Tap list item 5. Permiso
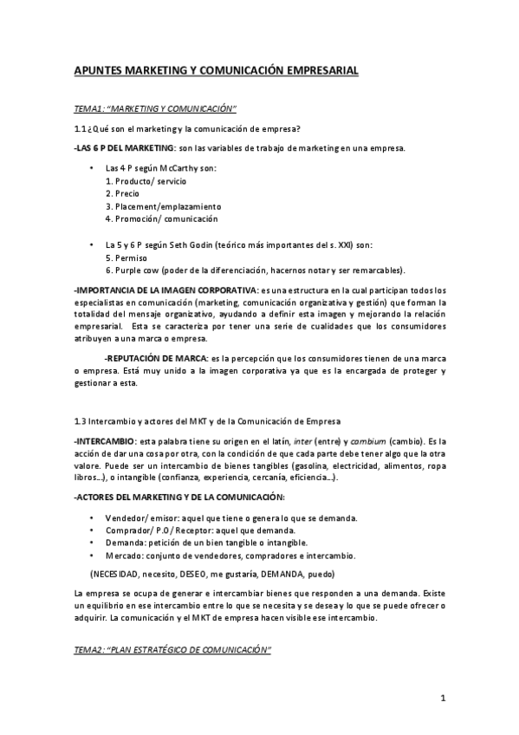126,257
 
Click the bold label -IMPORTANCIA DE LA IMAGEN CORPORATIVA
165,289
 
